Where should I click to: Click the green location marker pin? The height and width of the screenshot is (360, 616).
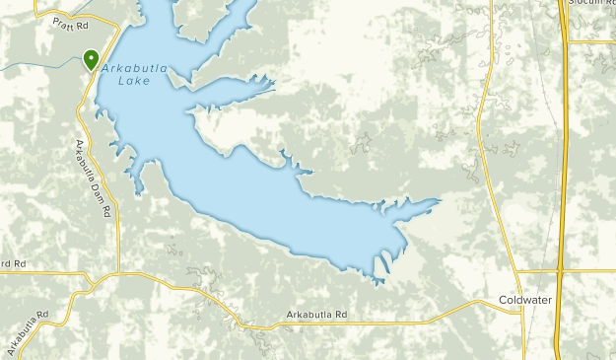click(91, 59)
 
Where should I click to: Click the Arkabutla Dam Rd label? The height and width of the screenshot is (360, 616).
click(95, 178)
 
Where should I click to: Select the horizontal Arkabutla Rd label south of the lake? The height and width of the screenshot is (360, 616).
click(317, 316)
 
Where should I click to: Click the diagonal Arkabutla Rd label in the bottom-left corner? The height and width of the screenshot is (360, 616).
click(27, 332)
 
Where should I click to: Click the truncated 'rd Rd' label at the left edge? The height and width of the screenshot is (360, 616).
click(11, 263)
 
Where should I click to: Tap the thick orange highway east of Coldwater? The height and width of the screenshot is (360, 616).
click(561, 178)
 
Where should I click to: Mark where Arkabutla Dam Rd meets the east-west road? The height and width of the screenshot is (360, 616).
click(118, 272)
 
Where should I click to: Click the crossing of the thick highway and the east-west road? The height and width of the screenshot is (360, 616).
click(560, 271)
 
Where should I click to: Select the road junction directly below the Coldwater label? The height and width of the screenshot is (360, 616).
click(522, 312)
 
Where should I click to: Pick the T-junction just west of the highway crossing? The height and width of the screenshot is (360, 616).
click(516, 271)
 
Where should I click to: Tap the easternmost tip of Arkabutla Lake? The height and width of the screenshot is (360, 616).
click(440, 200)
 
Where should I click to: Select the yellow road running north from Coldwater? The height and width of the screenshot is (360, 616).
click(480, 148)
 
